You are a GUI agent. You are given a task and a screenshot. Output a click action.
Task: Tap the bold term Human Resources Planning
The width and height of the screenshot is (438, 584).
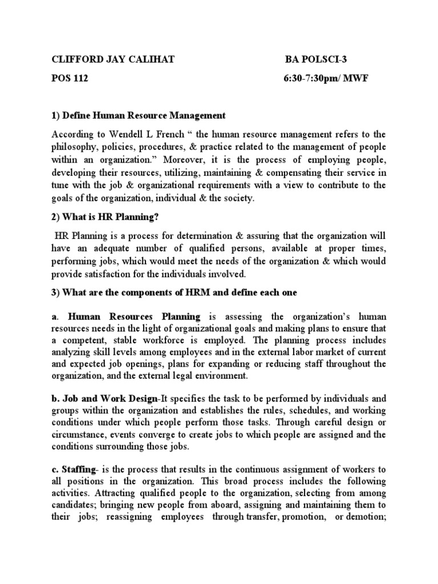[x=134, y=317]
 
